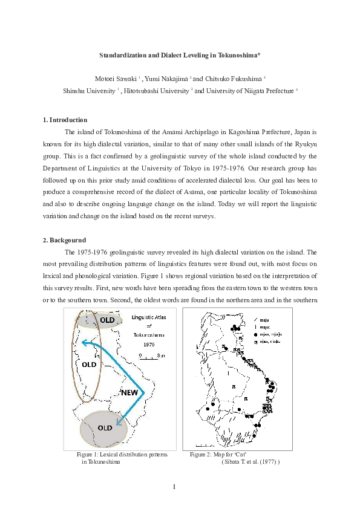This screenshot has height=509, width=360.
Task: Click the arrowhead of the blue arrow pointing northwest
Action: tap(86, 343)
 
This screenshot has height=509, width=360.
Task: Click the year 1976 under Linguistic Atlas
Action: tap(149, 342)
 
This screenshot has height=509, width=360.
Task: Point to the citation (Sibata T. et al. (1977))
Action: tap(250, 461)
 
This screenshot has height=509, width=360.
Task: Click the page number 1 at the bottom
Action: tap(174, 487)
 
